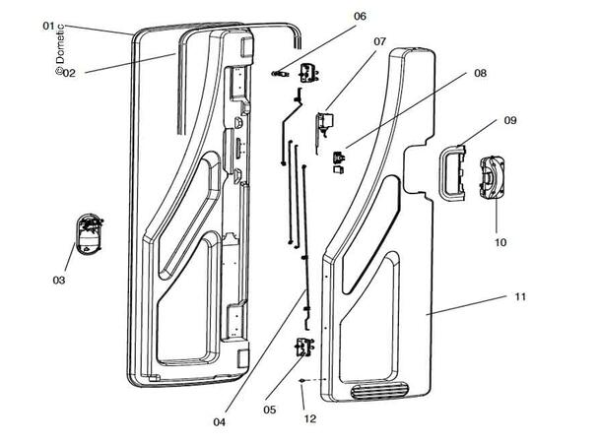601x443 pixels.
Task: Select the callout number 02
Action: (69, 71)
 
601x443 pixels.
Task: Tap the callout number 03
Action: (58, 281)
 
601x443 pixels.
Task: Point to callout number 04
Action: (219, 422)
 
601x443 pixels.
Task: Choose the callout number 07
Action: (379, 41)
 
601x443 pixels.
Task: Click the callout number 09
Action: (510, 120)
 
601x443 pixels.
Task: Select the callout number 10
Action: (500, 241)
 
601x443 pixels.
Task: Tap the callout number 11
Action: (520, 295)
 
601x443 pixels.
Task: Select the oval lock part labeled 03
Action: (88, 234)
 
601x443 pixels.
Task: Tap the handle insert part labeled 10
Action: (492, 179)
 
